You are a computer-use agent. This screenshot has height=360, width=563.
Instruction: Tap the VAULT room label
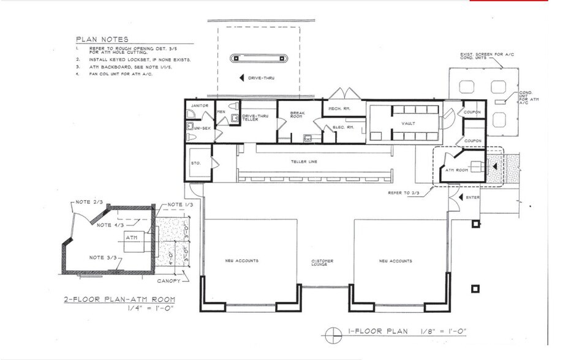coord(408,123)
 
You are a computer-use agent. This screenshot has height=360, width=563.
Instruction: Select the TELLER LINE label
coord(303,162)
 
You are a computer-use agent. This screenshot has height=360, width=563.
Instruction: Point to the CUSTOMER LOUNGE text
coord(322,263)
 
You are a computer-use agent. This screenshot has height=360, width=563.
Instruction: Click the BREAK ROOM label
coord(289,116)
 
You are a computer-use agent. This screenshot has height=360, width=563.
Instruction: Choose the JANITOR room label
coord(200,106)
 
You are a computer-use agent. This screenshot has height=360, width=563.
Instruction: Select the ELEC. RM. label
coord(341,127)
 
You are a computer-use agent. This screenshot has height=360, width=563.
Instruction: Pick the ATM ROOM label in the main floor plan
coord(456,170)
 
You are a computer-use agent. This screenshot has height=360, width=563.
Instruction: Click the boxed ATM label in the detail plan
coord(131,236)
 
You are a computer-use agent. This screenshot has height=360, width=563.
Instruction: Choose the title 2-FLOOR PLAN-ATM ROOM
coord(120,300)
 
